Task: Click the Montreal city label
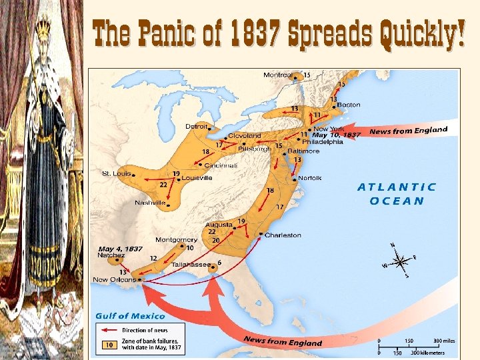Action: point(277,75)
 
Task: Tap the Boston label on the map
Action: point(349,105)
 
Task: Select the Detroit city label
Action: point(196,126)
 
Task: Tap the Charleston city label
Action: point(283,235)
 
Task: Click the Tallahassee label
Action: point(189,264)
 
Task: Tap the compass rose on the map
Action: point(399,261)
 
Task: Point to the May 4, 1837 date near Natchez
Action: point(120,249)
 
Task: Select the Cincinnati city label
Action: point(221,165)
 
